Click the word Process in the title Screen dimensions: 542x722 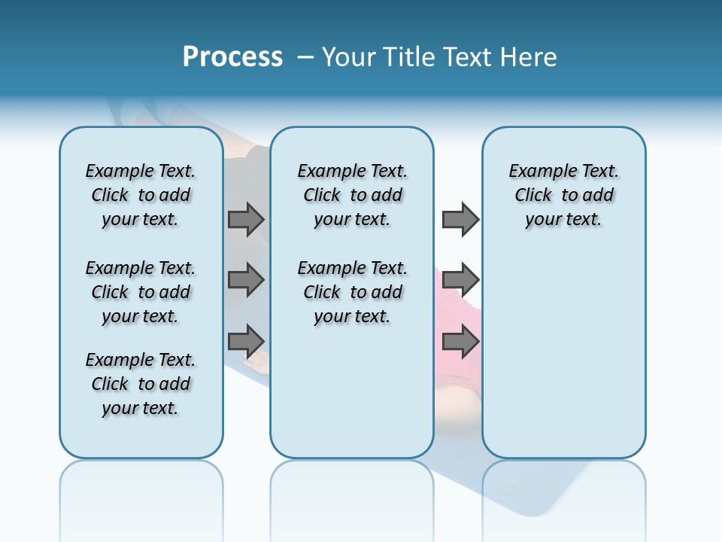tap(232, 56)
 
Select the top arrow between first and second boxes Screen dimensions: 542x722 tap(246, 219)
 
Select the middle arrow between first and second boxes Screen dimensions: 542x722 tap(246, 280)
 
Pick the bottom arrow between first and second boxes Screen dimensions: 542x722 tap(246, 341)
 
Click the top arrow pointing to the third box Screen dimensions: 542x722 tap(460, 219)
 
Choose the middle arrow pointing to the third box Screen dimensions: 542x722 tap(460, 280)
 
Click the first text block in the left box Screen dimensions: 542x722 tap(141, 195)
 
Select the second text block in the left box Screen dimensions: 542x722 tap(141, 292)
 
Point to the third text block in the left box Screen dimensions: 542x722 tap(141, 384)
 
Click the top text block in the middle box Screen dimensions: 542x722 tap(352, 195)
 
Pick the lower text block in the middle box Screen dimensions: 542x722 tap(352, 292)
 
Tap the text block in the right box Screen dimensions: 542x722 tap(563, 195)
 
